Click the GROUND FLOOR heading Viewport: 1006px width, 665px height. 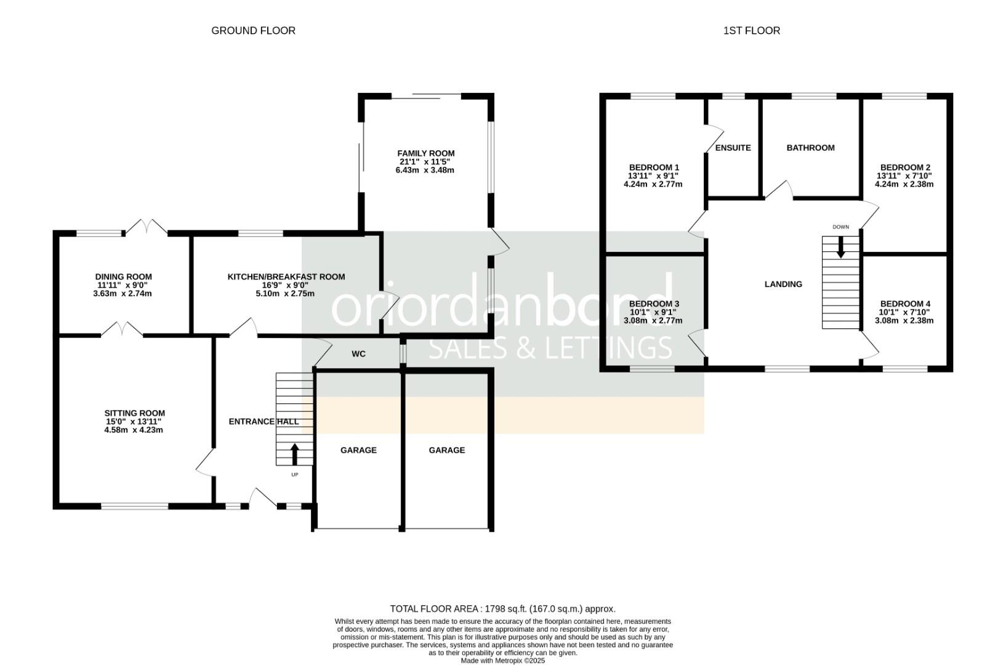[x=253, y=31]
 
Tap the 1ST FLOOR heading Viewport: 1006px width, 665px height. [x=752, y=31]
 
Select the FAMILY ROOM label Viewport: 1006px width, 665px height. [x=426, y=153]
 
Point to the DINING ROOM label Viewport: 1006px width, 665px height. [x=124, y=277]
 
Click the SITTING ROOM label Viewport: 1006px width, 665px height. [x=135, y=413]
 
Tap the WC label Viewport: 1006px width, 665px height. [x=358, y=354]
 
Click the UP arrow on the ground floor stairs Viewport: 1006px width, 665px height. [x=295, y=454]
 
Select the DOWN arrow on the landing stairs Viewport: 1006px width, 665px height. [x=841, y=247]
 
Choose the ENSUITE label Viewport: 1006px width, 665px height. [x=733, y=148]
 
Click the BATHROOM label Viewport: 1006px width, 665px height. [x=811, y=148]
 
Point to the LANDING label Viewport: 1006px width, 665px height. [x=783, y=284]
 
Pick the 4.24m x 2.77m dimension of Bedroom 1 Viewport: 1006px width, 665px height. [x=653, y=184]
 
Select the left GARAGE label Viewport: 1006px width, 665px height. [x=358, y=450]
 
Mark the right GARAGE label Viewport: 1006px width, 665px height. [x=447, y=450]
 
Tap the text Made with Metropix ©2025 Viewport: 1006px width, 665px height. [x=503, y=661]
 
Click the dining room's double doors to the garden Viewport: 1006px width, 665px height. [x=146, y=227]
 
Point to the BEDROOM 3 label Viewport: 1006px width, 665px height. [x=654, y=304]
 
